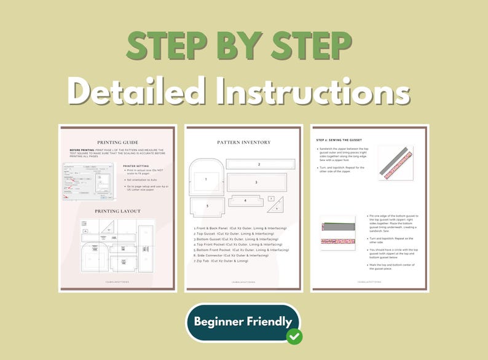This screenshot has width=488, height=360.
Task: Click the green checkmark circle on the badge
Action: pyautogui.click(x=294, y=336)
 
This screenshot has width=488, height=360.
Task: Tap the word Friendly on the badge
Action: pyautogui.click(x=268, y=321)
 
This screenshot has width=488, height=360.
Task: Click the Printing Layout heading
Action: pyautogui.click(x=117, y=211)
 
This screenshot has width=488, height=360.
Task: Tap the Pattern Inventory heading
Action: pyautogui.click(x=243, y=142)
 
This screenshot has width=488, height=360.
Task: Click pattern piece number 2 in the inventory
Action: pyautogui.click(x=259, y=164)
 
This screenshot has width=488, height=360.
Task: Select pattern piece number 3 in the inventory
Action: pyautogui.click(x=256, y=182)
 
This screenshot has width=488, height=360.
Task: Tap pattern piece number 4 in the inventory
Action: pyautogui.click(x=246, y=200)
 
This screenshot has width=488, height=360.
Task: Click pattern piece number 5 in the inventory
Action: pyautogui.click(x=207, y=206)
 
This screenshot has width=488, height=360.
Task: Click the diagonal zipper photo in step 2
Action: pyautogui.click(x=396, y=162)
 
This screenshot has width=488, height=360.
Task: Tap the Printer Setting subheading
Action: pyautogui.click(x=136, y=165)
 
